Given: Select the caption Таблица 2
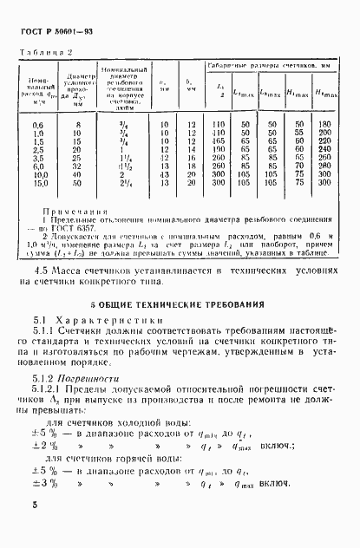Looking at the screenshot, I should tap(43, 53).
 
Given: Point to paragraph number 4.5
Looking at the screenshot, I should tap(37, 271).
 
